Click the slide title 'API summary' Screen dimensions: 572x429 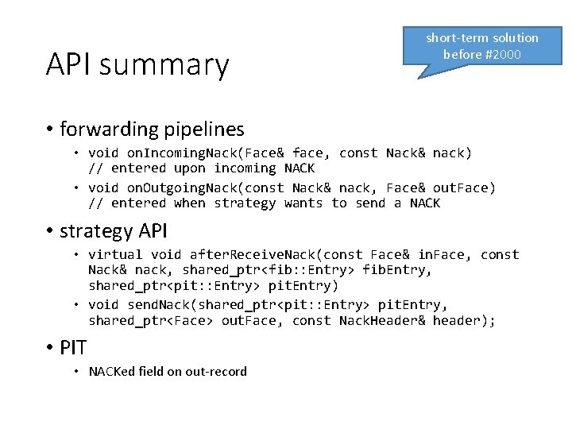pos(137,64)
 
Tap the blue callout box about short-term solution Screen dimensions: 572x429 pos(481,46)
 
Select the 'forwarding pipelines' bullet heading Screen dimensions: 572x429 pos(152,129)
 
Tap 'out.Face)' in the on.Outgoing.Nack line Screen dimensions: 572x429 pos(464,187)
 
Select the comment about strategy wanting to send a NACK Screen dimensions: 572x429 pos(264,203)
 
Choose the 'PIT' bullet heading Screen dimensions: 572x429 pos(73,347)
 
